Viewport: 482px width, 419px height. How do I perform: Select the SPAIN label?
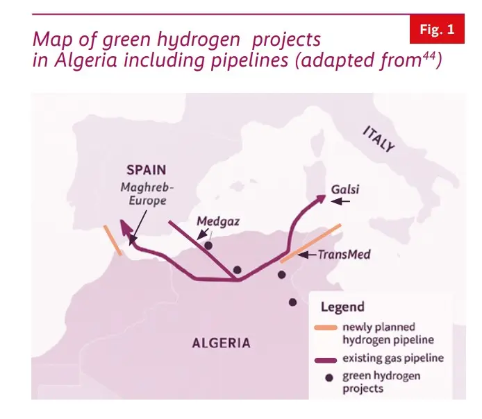[147, 169]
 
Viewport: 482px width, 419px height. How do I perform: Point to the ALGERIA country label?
[222, 343]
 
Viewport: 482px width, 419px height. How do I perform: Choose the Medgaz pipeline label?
[217, 222]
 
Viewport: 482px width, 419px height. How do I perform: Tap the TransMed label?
[343, 255]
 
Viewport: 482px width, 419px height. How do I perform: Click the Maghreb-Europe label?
[147, 194]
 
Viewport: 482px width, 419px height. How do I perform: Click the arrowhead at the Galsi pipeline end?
[320, 198]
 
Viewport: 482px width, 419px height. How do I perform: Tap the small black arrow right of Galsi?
[341, 202]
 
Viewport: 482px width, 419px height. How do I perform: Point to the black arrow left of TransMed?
[306, 255]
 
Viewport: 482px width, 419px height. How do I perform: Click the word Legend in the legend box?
[342, 307]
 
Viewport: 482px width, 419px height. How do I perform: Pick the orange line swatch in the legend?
[324, 327]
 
